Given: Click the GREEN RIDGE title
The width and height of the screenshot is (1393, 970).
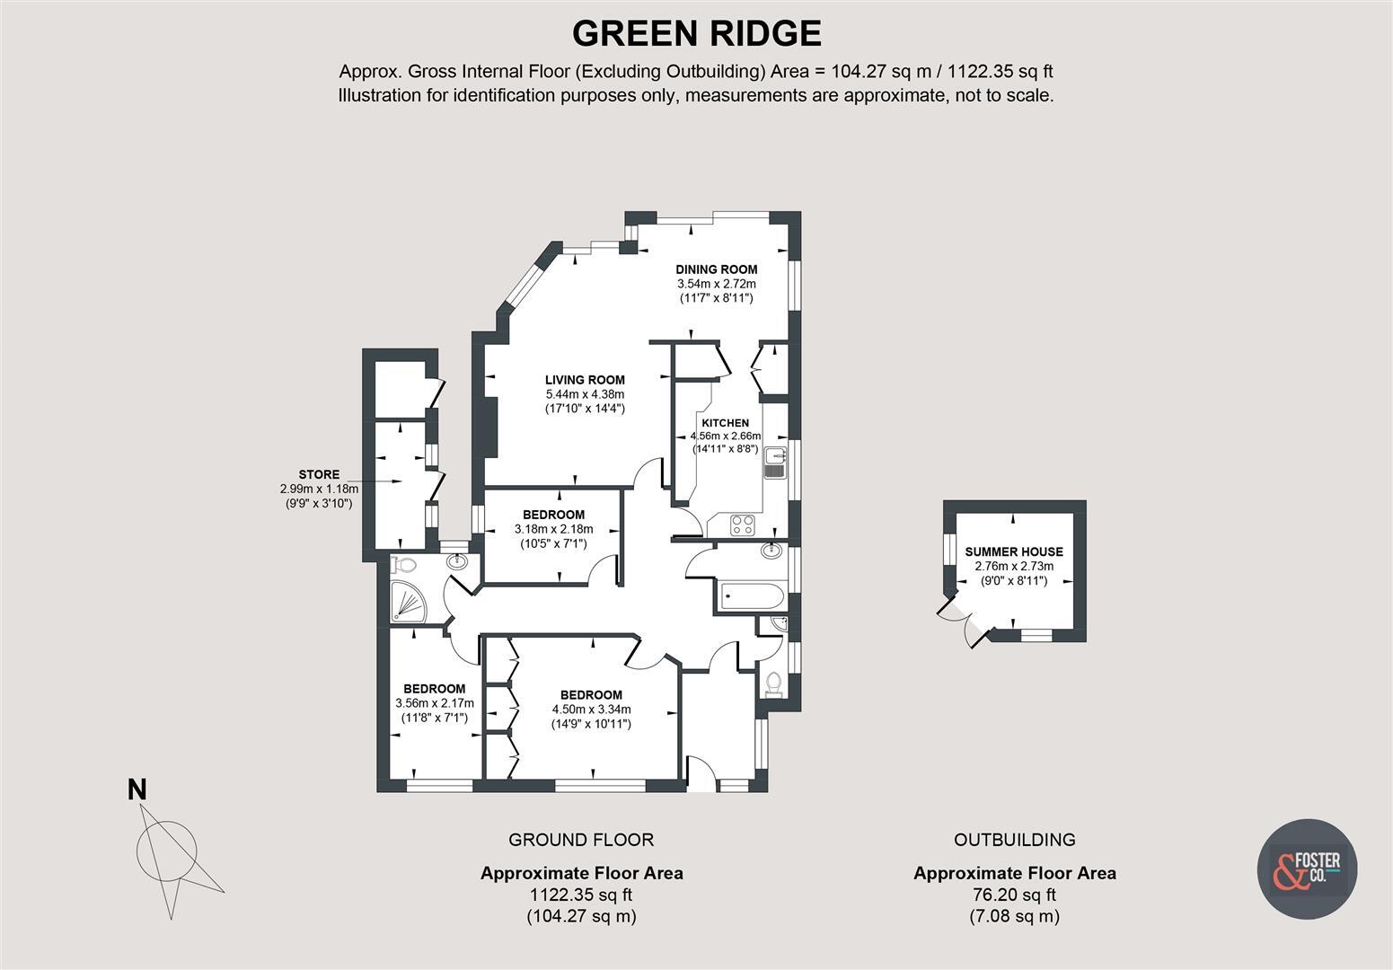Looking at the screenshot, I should pos(696,34).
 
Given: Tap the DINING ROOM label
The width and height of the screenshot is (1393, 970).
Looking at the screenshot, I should pos(716,269).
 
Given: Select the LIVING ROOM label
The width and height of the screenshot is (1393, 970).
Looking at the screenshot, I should pos(585,380).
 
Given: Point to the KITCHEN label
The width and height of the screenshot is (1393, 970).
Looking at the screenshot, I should pos(725,423).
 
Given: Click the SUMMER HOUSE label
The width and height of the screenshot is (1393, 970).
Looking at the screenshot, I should pos(1014,552).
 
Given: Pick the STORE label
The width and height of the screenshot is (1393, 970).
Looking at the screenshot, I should pos(319,475).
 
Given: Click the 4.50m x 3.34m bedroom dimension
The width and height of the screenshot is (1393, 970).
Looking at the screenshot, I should pos(591,710).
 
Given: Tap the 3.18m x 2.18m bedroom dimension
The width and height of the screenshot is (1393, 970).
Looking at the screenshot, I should pos(553,529).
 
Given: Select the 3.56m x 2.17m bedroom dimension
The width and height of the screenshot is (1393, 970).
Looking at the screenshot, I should pos(434,703).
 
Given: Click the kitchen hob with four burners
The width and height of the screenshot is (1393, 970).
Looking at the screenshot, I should pos(743,525).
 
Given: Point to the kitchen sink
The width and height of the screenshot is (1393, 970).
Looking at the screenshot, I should pos(774,463).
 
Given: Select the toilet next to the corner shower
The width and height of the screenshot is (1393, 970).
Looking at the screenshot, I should pos(404,565).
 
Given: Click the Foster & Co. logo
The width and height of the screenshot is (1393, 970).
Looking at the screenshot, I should pos(1307,869).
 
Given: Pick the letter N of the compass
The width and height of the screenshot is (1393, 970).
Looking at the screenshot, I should pos(137,790).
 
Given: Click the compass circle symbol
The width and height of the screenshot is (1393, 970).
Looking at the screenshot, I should pos(166,847).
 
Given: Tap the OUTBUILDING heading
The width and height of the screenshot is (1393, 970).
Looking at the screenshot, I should pos(1014,840).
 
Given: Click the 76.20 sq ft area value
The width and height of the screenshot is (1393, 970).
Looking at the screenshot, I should pos(1014,895).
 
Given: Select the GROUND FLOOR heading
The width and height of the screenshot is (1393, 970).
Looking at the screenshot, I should pos(581,840).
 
